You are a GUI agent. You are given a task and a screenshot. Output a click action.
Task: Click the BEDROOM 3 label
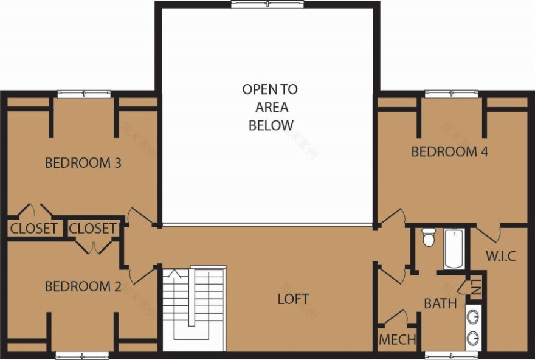click(x=83, y=163)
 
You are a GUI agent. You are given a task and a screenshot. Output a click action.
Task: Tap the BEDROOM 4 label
click(x=450, y=151)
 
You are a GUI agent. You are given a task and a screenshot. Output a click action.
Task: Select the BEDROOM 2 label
click(x=83, y=286)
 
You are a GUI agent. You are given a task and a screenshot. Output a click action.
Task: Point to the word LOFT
click(x=293, y=299)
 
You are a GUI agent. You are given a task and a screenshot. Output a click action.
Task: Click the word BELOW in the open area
click(x=271, y=125)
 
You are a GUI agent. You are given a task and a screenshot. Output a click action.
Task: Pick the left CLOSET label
click(x=34, y=229)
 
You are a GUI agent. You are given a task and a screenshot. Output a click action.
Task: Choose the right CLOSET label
click(x=92, y=229)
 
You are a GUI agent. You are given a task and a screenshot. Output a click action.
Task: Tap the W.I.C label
click(x=500, y=256)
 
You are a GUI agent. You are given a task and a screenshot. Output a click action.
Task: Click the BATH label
click(x=440, y=303)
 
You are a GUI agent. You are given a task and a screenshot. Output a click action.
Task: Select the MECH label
click(x=398, y=339)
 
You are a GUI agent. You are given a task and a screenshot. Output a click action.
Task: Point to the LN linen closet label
click(x=475, y=288)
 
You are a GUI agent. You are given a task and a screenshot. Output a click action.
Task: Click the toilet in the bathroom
click(x=429, y=237)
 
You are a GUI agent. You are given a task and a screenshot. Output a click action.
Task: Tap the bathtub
click(x=454, y=248)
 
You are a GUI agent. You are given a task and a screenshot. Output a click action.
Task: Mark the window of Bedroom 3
click(x=84, y=94)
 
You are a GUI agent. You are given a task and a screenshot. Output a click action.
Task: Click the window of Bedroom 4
click(x=451, y=94)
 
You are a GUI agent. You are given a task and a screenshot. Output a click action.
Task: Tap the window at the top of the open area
click(x=267, y=5)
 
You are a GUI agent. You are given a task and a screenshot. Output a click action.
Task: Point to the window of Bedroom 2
click(x=82, y=355)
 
